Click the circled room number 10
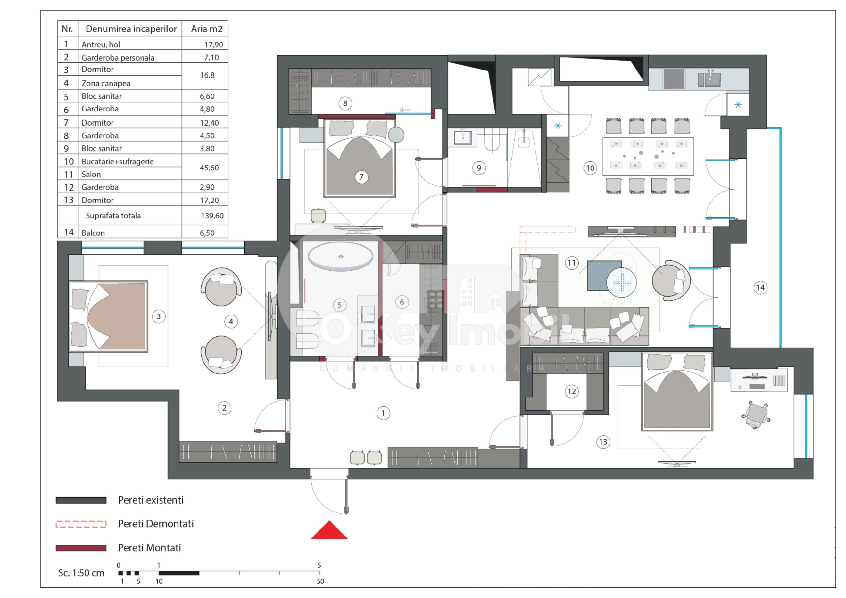pos(590,168)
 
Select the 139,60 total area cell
pos(212,216)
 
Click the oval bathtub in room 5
pos(340,256)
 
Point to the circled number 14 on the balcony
pos(760,288)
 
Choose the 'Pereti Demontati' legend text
pos(155,524)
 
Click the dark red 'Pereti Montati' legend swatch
pos(81,548)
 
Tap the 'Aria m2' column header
pos(206,29)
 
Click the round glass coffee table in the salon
pos(621,283)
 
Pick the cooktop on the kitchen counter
pos(674,79)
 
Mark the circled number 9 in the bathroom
pos(479,168)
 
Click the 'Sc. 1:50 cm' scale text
pos(81,573)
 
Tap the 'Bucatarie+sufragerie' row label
pos(118,161)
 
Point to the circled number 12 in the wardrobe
pos(571,391)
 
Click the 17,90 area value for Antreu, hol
pos(213,45)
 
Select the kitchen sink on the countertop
pos(711,79)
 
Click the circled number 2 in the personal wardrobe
pos(224,408)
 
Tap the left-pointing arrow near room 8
pos(405,110)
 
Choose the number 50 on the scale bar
pos(320,581)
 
